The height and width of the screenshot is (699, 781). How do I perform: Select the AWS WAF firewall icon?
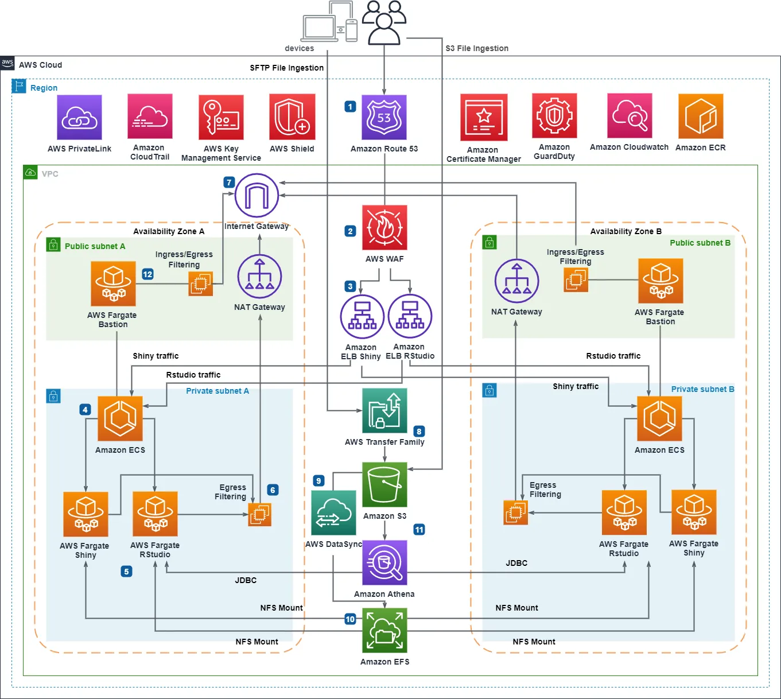pos(384,228)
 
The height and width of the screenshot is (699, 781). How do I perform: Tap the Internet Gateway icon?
pos(257,196)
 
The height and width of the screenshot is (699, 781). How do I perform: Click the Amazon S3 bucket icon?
pos(384,485)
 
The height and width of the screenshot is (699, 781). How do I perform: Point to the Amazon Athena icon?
pos(384,563)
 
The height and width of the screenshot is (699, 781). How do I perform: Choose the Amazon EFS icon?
pos(384,631)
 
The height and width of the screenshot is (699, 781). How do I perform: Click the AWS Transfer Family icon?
pos(384,411)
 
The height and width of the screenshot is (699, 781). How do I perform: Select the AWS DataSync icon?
pos(333,512)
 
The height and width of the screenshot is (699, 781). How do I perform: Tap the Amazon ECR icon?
pos(700,116)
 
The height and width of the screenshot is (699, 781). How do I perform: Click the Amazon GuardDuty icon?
pos(554,116)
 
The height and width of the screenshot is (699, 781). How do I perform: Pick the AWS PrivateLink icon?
pos(79,118)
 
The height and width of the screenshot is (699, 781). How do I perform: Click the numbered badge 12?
pos(147,274)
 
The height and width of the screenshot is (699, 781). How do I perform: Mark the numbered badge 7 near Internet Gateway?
pos(229,182)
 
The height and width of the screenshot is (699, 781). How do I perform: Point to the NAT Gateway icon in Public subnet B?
pos(516,281)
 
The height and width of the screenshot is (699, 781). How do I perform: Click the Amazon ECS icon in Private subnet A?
pos(120,419)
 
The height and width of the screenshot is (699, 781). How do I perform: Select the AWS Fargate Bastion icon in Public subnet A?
pos(113,284)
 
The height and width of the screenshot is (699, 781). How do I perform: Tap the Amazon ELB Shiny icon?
pos(362,317)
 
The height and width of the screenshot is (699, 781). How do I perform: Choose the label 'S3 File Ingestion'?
pos(477,48)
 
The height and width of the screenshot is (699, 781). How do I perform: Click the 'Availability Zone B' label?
pos(625,231)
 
